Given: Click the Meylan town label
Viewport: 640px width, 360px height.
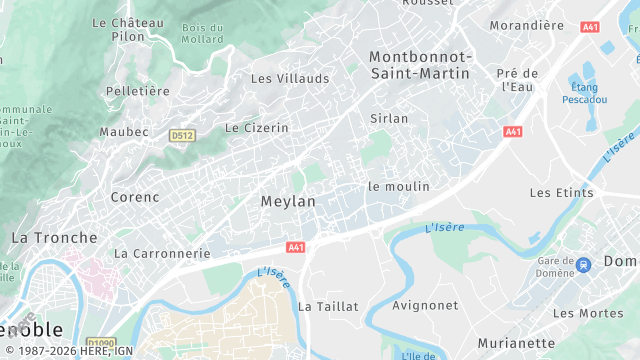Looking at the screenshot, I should [x=288, y=201].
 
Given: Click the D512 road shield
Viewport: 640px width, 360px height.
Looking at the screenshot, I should [x=181, y=134].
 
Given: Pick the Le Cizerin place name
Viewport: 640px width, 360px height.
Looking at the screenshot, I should [x=256, y=128].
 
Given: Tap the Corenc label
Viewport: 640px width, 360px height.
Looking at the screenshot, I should [x=135, y=197].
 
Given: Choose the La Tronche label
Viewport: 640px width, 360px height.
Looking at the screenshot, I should [x=54, y=238].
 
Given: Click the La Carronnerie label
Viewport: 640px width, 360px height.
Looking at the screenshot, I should [x=162, y=254].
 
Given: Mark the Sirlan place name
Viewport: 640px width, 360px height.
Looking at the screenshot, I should [x=389, y=118].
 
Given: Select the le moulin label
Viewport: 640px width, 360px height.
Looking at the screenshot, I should [x=398, y=186].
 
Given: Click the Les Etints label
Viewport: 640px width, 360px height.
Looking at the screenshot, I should [x=561, y=192].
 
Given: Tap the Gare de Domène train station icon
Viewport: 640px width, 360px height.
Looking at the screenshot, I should [x=583, y=264].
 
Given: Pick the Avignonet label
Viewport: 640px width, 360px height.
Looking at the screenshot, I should [x=426, y=305].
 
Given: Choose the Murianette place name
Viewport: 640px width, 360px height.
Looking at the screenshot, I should [x=516, y=343].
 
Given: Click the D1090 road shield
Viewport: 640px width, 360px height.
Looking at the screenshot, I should [x=100, y=342].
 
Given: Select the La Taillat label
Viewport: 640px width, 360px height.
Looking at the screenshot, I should [x=328, y=306].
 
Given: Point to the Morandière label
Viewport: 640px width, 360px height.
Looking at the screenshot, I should [x=527, y=25].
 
